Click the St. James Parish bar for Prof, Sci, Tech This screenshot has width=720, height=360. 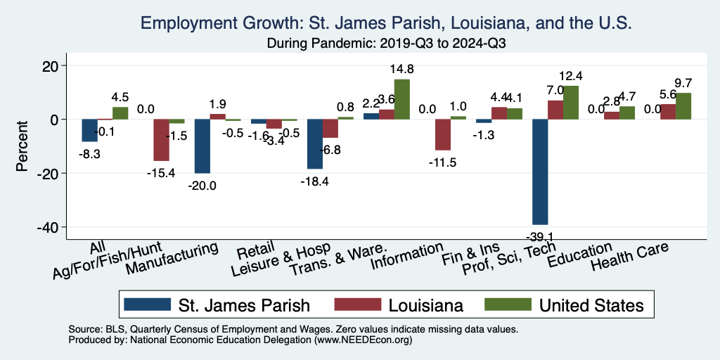[540, 172]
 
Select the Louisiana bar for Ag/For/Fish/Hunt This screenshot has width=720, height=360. [161, 140]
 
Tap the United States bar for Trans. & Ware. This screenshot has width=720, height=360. [401, 99]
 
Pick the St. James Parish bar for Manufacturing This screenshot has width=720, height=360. [202, 146]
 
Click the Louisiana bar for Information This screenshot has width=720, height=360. [442, 135]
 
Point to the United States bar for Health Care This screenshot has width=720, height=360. [683, 106]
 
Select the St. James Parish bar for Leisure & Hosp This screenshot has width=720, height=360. [315, 144]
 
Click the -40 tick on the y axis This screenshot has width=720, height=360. [57, 227]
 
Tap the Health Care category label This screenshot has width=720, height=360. [629, 257]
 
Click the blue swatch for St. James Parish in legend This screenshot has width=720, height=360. [147, 305]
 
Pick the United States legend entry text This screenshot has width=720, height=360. [591, 305]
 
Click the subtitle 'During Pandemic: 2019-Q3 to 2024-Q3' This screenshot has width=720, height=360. [387, 42]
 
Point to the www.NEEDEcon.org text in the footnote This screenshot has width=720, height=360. [364, 340]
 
